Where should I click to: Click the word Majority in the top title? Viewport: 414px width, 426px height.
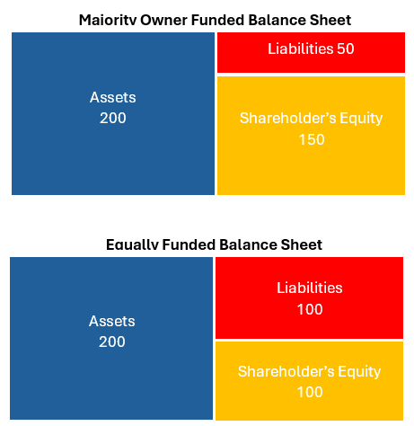tap(108, 21)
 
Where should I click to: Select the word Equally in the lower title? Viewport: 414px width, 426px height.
tap(132, 244)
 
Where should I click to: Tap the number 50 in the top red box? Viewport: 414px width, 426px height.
tap(346, 49)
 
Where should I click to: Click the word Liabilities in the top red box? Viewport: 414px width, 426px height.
tap(300, 49)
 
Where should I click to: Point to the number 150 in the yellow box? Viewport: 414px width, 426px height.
tap(312, 139)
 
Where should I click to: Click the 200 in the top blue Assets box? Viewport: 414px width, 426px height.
tap(113, 118)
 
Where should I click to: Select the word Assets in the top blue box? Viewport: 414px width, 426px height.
tap(113, 97)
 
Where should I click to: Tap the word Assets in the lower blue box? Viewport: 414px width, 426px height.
tap(112, 322)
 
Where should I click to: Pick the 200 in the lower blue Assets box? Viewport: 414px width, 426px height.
tap(112, 342)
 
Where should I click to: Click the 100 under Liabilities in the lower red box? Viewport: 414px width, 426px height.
tap(310, 309)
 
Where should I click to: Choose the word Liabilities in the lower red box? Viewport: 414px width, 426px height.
tap(310, 288)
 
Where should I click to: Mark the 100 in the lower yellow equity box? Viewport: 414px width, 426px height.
tap(310, 392)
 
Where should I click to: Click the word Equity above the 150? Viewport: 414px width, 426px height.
tap(361, 119)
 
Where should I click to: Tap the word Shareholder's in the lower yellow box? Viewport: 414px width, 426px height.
tap(286, 371)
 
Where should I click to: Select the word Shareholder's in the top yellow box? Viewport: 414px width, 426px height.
tap(288, 118)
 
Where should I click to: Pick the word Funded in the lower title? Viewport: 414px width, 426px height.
tap(189, 244)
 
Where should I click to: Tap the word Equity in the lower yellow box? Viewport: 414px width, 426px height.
tap(359, 372)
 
